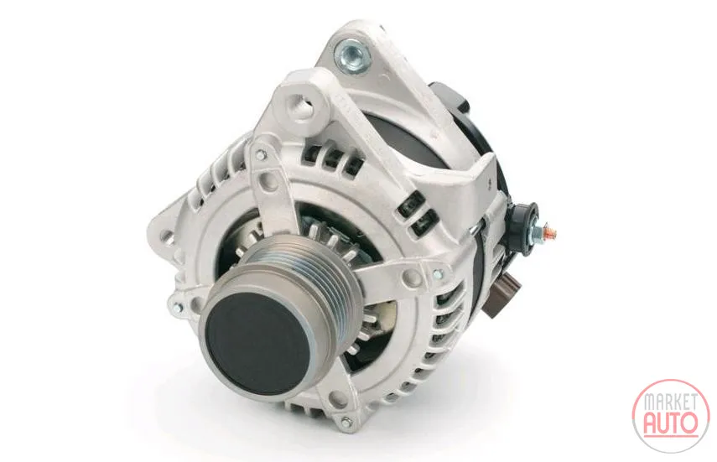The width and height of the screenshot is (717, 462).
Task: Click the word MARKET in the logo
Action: pyautogui.click(x=671, y=401)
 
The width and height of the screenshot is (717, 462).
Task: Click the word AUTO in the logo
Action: pyautogui.click(x=670, y=423)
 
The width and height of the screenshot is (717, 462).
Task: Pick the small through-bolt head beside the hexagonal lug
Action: pyautogui.click(x=260, y=155)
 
